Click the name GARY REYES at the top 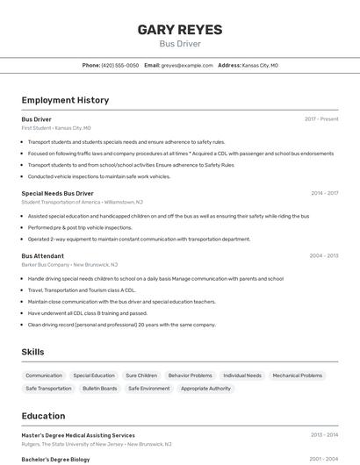[180, 30]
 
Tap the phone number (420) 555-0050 [120, 65]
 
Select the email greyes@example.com [187, 65]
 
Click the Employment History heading [65, 100]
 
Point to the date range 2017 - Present [321, 118]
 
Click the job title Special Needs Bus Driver [57, 193]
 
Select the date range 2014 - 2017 [324, 193]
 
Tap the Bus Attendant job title [42, 255]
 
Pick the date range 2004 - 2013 [324, 255]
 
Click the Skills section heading [32, 352]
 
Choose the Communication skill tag [44, 376]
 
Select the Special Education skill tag [94, 376]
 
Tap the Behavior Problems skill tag [190, 376]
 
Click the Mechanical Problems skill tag [297, 376]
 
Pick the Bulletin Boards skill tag [100, 388]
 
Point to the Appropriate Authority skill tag [205, 388]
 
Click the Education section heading [43, 416]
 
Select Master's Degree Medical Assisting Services [78, 435]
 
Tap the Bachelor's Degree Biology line [55, 459]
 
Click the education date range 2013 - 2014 [324, 435]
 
